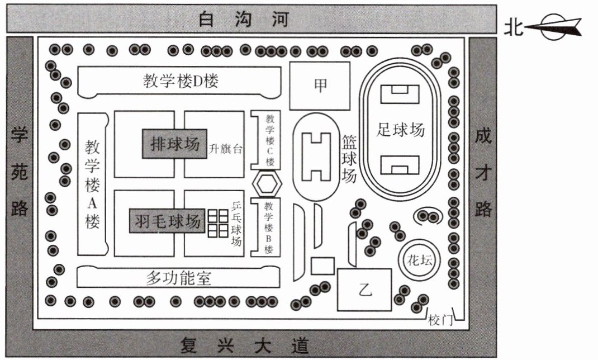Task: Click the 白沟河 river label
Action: point(244,20)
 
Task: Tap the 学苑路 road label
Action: point(20,173)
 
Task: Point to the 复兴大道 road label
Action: point(244,345)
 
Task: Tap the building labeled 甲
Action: point(320,86)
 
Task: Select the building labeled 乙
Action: point(364,290)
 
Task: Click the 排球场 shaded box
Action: point(174,144)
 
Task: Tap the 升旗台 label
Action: point(226,149)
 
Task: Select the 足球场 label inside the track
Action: point(401,130)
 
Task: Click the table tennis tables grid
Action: point(217,223)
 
